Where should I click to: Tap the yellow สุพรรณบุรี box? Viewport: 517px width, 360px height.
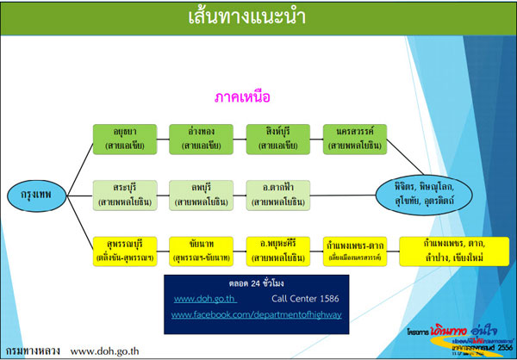[x=125, y=250]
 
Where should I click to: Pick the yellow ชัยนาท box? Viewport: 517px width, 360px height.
[x=201, y=250]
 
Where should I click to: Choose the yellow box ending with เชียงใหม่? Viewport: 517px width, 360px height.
[x=452, y=250]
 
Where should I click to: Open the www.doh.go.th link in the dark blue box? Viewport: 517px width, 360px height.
[x=200, y=299]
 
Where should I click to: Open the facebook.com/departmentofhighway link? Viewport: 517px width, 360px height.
[x=256, y=316]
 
